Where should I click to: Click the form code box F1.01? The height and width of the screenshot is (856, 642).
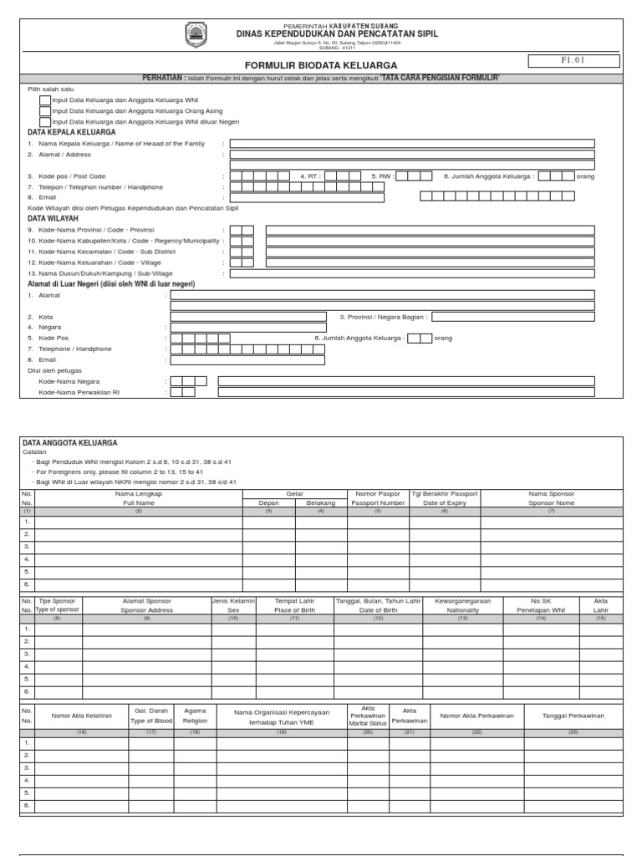[x=573, y=61]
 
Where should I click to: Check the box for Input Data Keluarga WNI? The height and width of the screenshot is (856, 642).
[x=44, y=100]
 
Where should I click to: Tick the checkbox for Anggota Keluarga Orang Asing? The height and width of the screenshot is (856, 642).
[x=44, y=111]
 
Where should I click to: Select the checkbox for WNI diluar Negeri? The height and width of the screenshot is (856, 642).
[x=44, y=122]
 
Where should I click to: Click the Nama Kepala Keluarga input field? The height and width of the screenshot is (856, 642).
[x=412, y=143]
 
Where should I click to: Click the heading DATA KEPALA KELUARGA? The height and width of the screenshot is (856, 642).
[x=72, y=132]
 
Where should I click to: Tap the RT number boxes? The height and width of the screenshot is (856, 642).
[x=337, y=176]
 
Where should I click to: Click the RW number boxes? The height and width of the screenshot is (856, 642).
[x=414, y=176]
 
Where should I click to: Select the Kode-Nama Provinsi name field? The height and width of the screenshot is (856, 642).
[x=430, y=230]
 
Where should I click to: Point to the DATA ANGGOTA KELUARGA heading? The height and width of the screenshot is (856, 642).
[x=69, y=442]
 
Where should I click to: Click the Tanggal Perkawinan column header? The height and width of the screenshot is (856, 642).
[x=573, y=716]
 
